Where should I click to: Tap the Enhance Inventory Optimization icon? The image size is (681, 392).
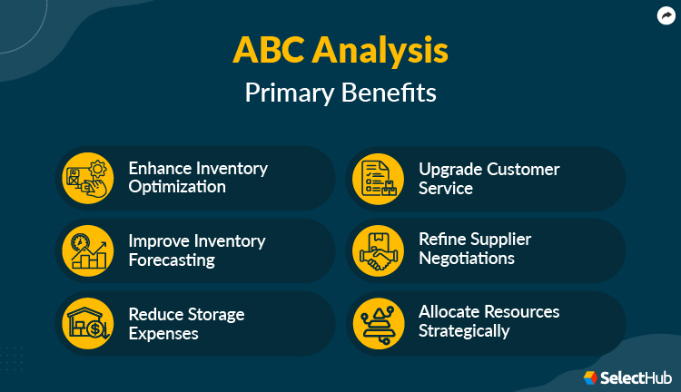pos(87,178)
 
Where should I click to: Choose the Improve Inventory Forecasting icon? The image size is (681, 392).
pos(87,250)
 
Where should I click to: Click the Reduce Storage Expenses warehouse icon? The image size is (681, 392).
pos(87,323)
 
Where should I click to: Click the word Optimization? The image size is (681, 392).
pos(177,188)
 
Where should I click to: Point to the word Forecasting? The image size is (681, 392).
pos(172,260)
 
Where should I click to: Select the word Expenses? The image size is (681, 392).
pos(163,333)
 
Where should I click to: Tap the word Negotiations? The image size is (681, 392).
pos(467,259)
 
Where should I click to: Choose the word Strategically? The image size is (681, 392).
pos(464,331)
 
